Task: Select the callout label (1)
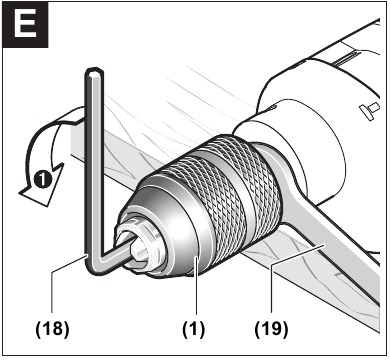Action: [x=192, y=326]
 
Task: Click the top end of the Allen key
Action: [x=92, y=73]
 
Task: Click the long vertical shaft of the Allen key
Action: [x=92, y=160]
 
